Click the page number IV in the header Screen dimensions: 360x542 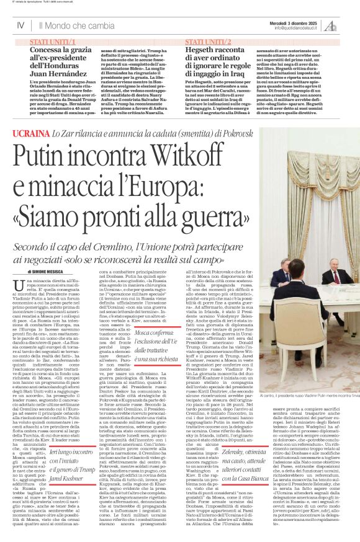21,25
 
